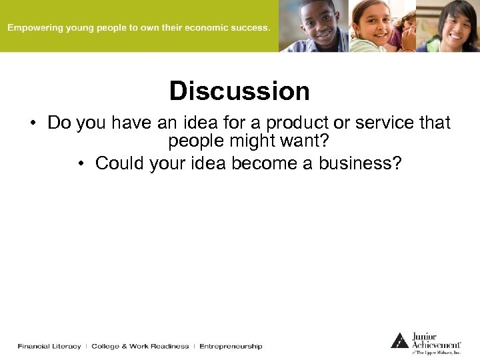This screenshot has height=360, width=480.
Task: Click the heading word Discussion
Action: pyautogui.click(x=239, y=91)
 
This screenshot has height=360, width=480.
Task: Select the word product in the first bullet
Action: pyautogui.click(x=296, y=123)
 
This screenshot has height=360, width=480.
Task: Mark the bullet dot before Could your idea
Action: pyautogui.click(x=80, y=164)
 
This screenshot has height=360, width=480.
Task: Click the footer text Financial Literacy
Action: pyautogui.click(x=49, y=347)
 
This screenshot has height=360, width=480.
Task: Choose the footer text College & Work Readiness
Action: pyautogui.click(x=140, y=347)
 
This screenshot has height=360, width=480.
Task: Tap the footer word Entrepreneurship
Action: pyautogui.click(x=231, y=347)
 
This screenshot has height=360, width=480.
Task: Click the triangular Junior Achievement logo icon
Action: pyautogui.click(x=399, y=340)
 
